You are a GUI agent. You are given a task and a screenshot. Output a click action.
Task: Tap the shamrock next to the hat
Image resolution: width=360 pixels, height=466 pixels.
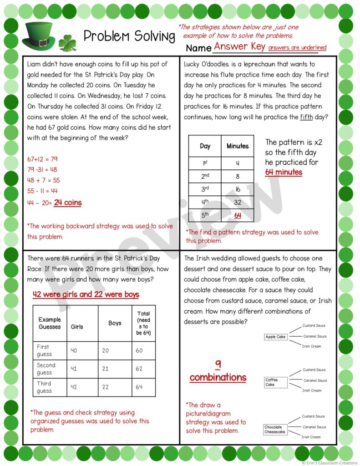click(x=67, y=42)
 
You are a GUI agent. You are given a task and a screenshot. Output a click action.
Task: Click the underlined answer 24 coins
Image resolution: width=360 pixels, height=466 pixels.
click(x=67, y=203)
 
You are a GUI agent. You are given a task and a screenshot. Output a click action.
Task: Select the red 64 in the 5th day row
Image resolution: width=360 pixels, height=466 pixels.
click(x=238, y=215)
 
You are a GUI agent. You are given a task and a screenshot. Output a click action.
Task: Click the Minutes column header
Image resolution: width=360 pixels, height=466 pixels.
click(x=238, y=146)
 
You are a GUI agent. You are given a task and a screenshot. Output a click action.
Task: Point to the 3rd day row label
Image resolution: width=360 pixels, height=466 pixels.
click(x=205, y=189)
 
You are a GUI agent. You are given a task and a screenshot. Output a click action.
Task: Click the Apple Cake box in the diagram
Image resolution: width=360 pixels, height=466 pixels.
click(x=275, y=337)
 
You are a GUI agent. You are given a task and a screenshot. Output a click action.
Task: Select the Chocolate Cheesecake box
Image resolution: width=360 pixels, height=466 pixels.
click(x=275, y=430)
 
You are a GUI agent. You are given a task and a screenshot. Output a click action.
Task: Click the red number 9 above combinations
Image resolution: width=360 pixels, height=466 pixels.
click(x=218, y=364)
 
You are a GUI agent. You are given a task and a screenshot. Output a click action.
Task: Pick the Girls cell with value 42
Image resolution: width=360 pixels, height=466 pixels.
click(x=74, y=387)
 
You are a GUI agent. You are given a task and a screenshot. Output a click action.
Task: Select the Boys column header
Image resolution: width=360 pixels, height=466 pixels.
click(x=115, y=323)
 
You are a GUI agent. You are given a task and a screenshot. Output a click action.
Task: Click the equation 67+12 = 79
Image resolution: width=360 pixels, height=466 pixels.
click(x=43, y=159)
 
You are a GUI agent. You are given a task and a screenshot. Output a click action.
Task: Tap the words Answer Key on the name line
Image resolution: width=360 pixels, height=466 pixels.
click(x=239, y=46)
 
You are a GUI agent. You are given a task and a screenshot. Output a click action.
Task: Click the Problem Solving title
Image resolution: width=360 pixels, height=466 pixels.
click(x=129, y=36)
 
